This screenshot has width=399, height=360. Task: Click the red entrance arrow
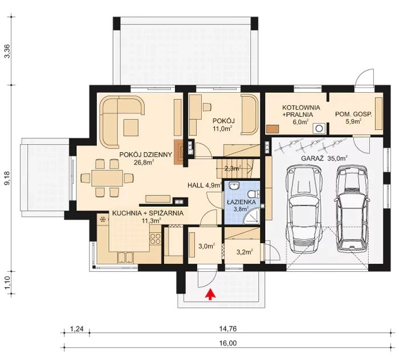210,294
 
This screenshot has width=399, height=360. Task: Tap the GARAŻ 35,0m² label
324,158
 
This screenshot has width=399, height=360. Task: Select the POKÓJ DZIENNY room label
145,154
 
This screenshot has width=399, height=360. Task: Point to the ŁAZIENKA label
241,202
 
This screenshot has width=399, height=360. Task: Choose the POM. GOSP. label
353,114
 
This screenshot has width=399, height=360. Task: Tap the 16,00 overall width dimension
228,343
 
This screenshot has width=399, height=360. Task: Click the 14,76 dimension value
228,329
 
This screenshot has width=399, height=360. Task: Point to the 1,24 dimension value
76,329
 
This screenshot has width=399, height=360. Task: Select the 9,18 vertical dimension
7,178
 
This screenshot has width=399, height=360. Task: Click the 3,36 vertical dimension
7,51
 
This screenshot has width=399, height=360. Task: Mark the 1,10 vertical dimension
7,282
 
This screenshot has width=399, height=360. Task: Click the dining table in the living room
107,178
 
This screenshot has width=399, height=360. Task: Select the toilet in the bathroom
254,194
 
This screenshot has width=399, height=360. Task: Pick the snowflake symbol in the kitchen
103,219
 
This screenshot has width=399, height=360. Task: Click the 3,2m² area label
245,252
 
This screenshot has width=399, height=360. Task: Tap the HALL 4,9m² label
204,185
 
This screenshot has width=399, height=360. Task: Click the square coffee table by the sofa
131,128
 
